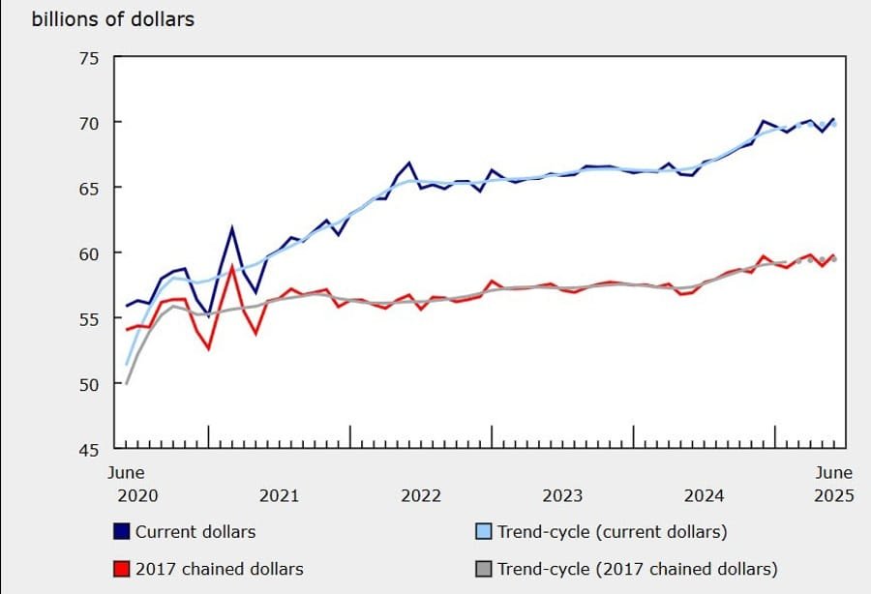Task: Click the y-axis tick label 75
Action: click(88, 58)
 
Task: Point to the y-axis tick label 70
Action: click(88, 123)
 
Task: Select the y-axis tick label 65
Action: click(88, 188)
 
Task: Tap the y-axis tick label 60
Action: click(88, 253)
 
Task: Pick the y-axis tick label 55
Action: click(88, 318)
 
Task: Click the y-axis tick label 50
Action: click(88, 384)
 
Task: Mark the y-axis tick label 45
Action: click(88, 449)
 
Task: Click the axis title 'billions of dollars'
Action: click(113, 19)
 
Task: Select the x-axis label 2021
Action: click(279, 496)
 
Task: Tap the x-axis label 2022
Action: click(421, 496)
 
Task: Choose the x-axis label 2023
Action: click(562, 496)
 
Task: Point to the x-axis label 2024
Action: click(704, 496)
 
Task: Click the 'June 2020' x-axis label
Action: click(125, 484)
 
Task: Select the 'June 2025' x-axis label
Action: click(832, 484)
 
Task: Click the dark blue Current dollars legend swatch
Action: click(122, 531)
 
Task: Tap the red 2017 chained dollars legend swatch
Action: click(122, 569)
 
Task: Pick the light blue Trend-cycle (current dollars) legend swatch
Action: click(484, 531)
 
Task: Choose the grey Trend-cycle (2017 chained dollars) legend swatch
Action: click(484, 569)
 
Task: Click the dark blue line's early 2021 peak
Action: click(232, 228)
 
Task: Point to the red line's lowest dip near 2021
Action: click(208, 348)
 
